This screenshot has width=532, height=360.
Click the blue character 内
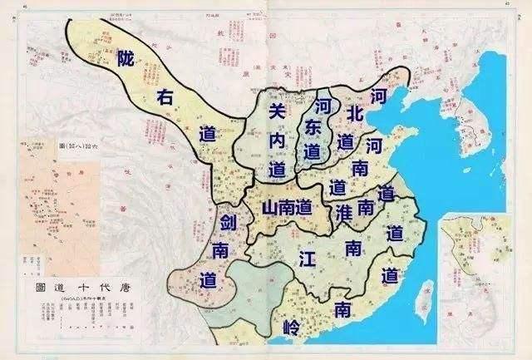tap(278, 141)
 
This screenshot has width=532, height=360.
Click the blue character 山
tap(270, 209)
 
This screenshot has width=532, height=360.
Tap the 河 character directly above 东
tap(320, 106)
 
